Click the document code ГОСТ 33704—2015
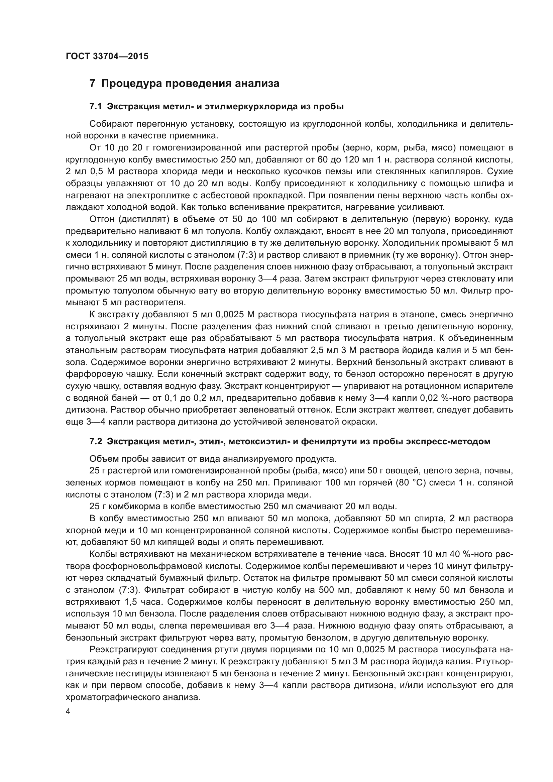click(107, 57)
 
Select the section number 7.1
click(96, 107)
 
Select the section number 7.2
click(96, 442)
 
